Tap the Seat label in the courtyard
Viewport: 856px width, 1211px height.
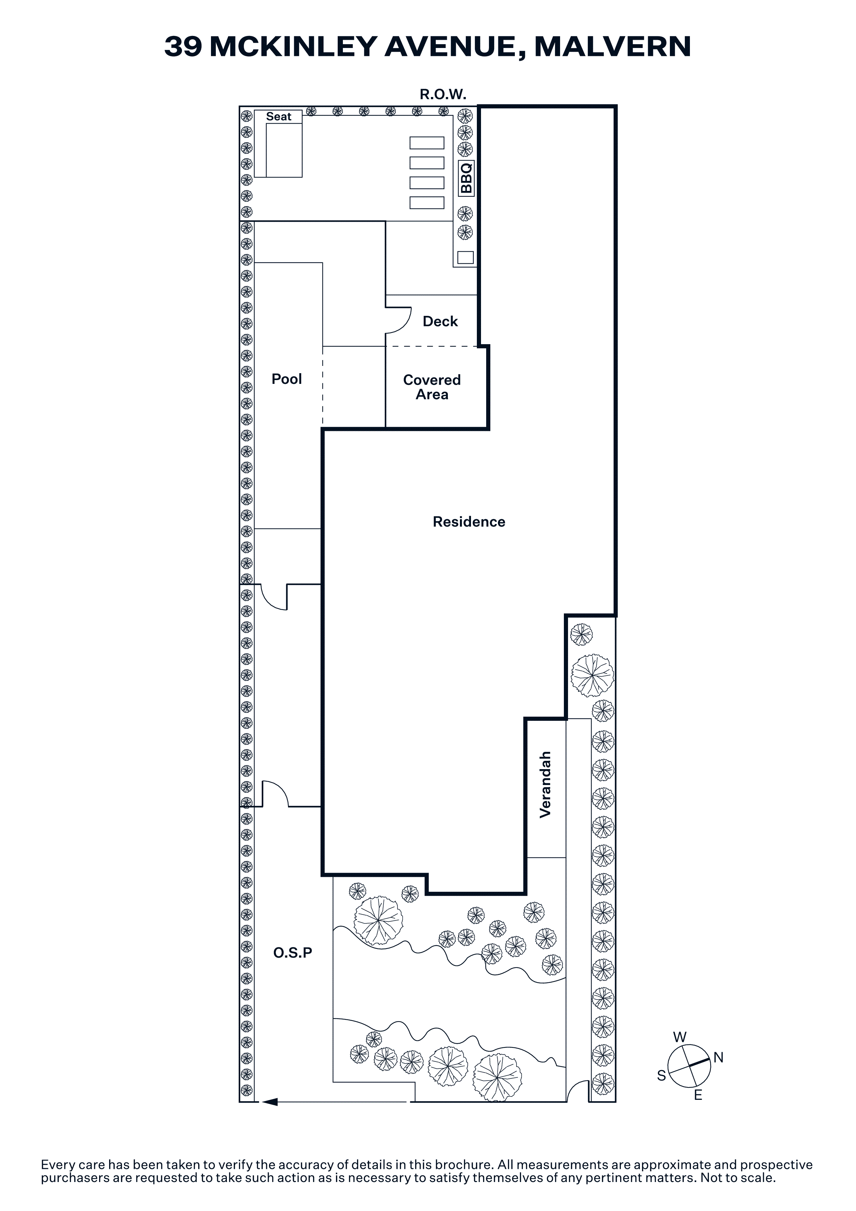[278, 117]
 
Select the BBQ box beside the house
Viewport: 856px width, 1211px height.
[466, 178]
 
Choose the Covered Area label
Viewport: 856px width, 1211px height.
[432, 387]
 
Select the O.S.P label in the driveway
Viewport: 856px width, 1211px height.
[293, 952]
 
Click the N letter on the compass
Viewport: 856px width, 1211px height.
[718, 1057]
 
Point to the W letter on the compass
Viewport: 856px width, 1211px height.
[680, 1037]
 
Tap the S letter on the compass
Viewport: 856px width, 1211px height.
[661, 1075]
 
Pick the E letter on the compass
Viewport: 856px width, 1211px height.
[698, 1095]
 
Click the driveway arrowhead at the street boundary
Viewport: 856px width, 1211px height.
[270, 1102]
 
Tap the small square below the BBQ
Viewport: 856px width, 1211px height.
[465, 258]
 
